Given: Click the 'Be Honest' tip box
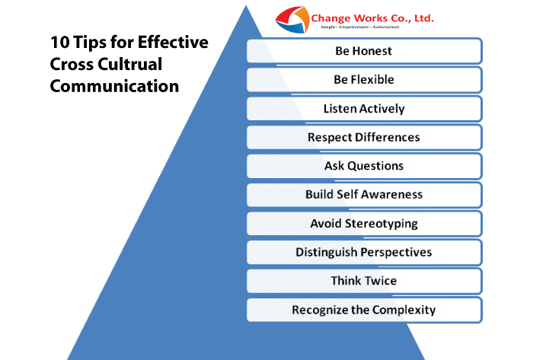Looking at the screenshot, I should tap(364, 51).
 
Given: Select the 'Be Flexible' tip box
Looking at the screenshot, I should tap(364, 79).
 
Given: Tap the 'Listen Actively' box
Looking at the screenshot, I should tap(364, 108).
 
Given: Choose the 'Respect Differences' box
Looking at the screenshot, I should tap(364, 137).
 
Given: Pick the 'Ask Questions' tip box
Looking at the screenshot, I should tap(364, 165).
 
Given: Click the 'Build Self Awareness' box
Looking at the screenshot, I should tap(364, 194).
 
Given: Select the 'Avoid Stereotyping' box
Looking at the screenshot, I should tap(364, 223).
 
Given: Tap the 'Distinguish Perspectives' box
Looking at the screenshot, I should tap(364, 252).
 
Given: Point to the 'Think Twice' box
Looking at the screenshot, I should tap(364, 281).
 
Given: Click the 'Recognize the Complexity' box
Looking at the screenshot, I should tap(364, 310).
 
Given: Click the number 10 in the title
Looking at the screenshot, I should tap(59, 42).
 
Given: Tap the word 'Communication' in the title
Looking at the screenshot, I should tap(114, 86).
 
